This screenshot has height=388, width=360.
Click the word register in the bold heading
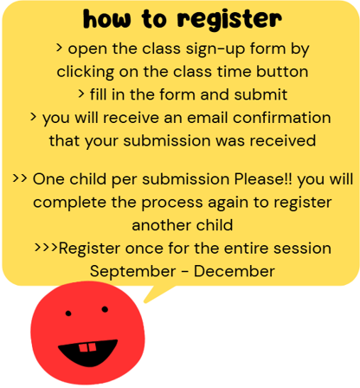coord(229,20)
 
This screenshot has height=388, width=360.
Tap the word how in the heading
coord(106,19)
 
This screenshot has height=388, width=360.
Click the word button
coord(282,71)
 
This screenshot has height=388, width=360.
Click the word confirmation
coord(281,118)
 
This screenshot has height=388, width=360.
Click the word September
coord(132,272)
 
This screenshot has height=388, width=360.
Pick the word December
coord(234,271)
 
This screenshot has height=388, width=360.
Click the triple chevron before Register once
coord(46,248)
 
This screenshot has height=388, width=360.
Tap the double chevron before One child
coord(20,178)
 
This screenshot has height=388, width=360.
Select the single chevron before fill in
coord(81,94)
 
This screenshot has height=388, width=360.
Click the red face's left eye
coord(68,314)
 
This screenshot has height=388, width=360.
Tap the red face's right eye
coord(105,309)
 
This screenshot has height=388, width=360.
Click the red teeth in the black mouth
coord(87,347)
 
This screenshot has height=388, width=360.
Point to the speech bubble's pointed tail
coord(145,301)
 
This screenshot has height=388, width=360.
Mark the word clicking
coord(85,72)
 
